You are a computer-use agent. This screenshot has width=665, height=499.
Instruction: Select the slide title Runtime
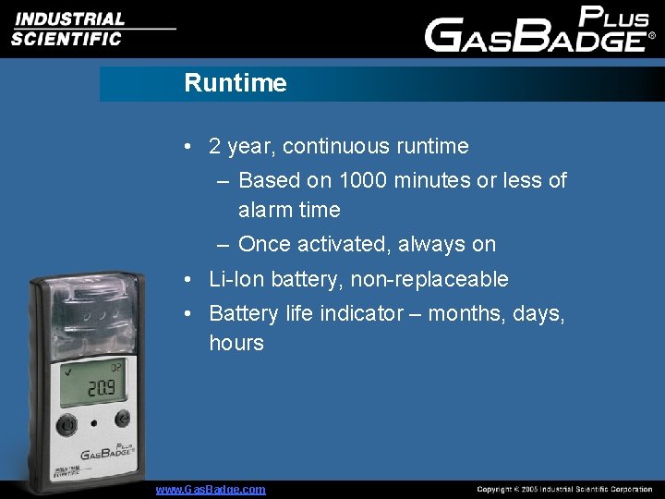[x=236, y=83]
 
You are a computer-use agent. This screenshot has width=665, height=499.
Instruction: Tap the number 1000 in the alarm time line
[x=365, y=180]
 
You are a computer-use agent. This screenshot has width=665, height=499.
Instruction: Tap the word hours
[x=236, y=343]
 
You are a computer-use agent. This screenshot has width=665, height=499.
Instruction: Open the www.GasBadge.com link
[x=211, y=489]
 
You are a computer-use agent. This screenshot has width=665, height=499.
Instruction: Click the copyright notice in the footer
[x=563, y=489]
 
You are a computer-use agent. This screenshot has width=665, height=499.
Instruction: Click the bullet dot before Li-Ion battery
[x=187, y=279]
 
